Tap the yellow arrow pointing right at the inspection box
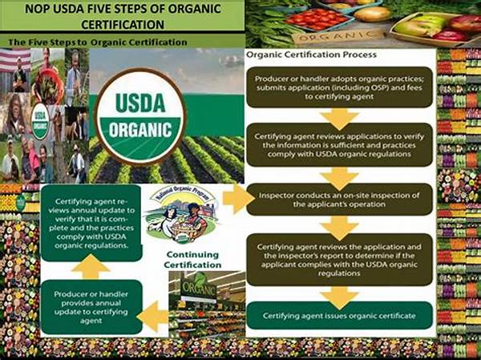pos(236,199)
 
